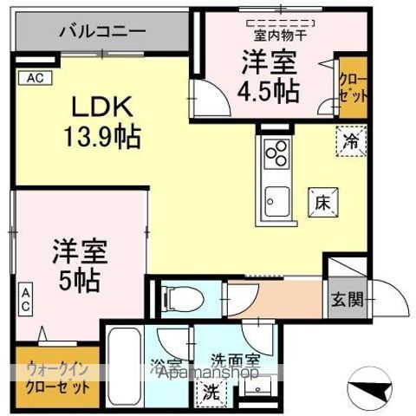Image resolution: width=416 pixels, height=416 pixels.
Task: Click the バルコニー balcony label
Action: (x=102, y=32)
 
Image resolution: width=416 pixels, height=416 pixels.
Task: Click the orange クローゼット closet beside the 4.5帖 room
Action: (x=353, y=86)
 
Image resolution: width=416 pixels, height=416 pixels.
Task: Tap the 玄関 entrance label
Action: (x=340, y=303)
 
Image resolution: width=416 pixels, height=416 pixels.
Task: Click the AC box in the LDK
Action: (x=35, y=78)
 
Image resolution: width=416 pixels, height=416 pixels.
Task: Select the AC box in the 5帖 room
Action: (x=25, y=301)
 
